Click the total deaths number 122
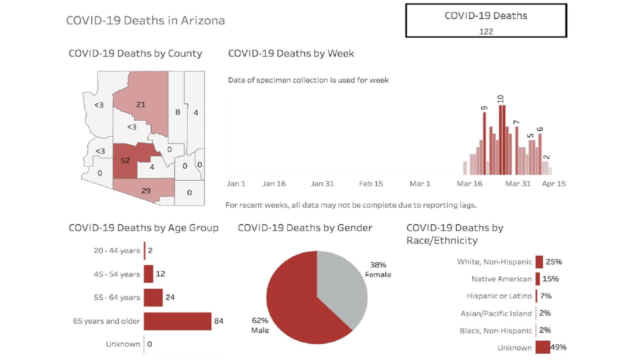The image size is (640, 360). (485, 31)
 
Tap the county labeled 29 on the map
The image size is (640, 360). (145, 191)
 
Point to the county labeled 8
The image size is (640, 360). (177, 112)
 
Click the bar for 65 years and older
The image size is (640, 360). (177, 321)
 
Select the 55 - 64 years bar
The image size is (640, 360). (153, 297)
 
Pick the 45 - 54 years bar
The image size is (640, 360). (148, 274)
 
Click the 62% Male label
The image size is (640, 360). (260, 325)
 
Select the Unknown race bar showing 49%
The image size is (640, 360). (542, 347)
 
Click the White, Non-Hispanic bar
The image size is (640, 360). (539, 262)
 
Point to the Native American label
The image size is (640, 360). (501, 279)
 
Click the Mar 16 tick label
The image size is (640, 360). (469, 183)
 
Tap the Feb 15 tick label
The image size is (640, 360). (371, 183)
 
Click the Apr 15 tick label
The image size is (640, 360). (554, 183)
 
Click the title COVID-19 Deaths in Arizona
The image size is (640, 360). (145, 20)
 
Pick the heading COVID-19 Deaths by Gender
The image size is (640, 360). (305, 228)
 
